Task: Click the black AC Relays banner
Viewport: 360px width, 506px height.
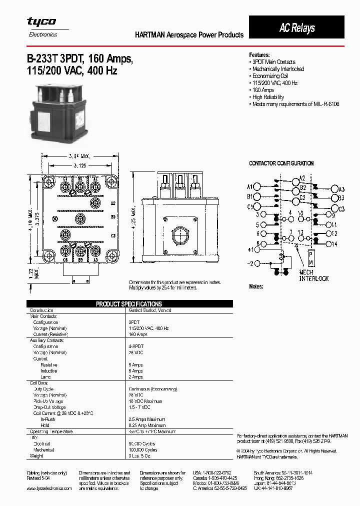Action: pyautogui.click(x=296, y=27)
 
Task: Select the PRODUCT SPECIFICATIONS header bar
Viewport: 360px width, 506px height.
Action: pyautogui.click(x=129, y=304)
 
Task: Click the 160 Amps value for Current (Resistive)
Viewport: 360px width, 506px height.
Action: pyautogui.click(x=137, y=334)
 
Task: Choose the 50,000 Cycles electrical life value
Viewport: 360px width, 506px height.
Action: pyautogui.click(x=142, y=443)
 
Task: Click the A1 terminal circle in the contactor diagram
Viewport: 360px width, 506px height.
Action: pyautogui.click(x=257, y=186)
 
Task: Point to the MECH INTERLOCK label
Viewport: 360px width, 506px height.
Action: pyautogui.click(x=313, y=275)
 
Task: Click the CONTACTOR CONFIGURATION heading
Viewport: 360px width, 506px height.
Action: pyautogui.click(x=281, y=163)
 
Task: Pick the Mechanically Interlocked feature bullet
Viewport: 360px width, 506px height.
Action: pyautogui.click(x=278, y=69)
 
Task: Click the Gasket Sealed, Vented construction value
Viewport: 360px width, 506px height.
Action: pyautogui.click(x=150, y=310)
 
